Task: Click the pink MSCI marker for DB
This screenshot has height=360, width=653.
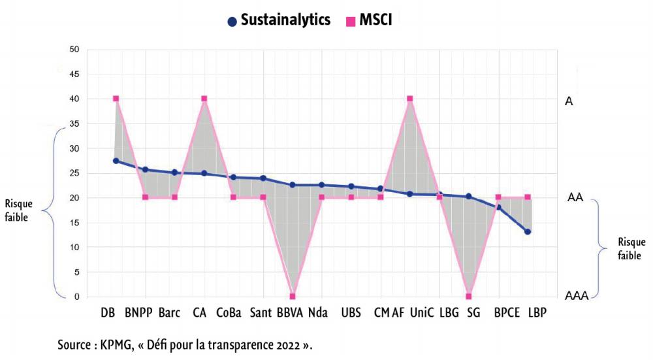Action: pyautogui.click(x=116, y=99)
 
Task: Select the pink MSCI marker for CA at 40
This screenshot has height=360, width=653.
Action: pyautogui.click(x=204, y=99)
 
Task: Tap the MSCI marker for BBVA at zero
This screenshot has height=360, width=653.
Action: pyautogui.click(x=293, y=296)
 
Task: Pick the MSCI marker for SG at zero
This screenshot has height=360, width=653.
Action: pyautogui.click(x=469, y=296)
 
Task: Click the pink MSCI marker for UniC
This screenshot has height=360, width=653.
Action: pyautogui.click(x=410, y=99)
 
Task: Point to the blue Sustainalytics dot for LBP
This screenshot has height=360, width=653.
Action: pyautogui.click(x=528, y=232)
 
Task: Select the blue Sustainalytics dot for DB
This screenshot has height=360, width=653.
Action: pyautogui.click(x=116, y=161)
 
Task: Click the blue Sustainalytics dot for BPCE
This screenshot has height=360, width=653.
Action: pyautogui.click(x=498, y=208)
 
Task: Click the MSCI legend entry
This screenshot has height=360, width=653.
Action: pyautogui.click(x=369, y=20)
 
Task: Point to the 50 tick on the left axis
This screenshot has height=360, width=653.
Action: pyautogui.click(x=74, y=50)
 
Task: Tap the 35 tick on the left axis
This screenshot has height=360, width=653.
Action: pyautogui.click(x=74, y=123)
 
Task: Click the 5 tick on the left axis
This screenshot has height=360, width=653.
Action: pyautogui.click(x=76, y=272)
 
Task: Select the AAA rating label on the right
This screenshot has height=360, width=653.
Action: pyautogui.click(x=577, y=296)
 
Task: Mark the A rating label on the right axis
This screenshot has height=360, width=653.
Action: pyautogui.click(x=569, y=101)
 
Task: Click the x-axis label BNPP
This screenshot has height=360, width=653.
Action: pyautogui.click(x=138, y=313)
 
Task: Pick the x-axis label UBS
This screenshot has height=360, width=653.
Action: pyautogui.click(x=351, y=313)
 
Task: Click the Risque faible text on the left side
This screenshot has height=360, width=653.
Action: pyautogui.click(x=18, y=211)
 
